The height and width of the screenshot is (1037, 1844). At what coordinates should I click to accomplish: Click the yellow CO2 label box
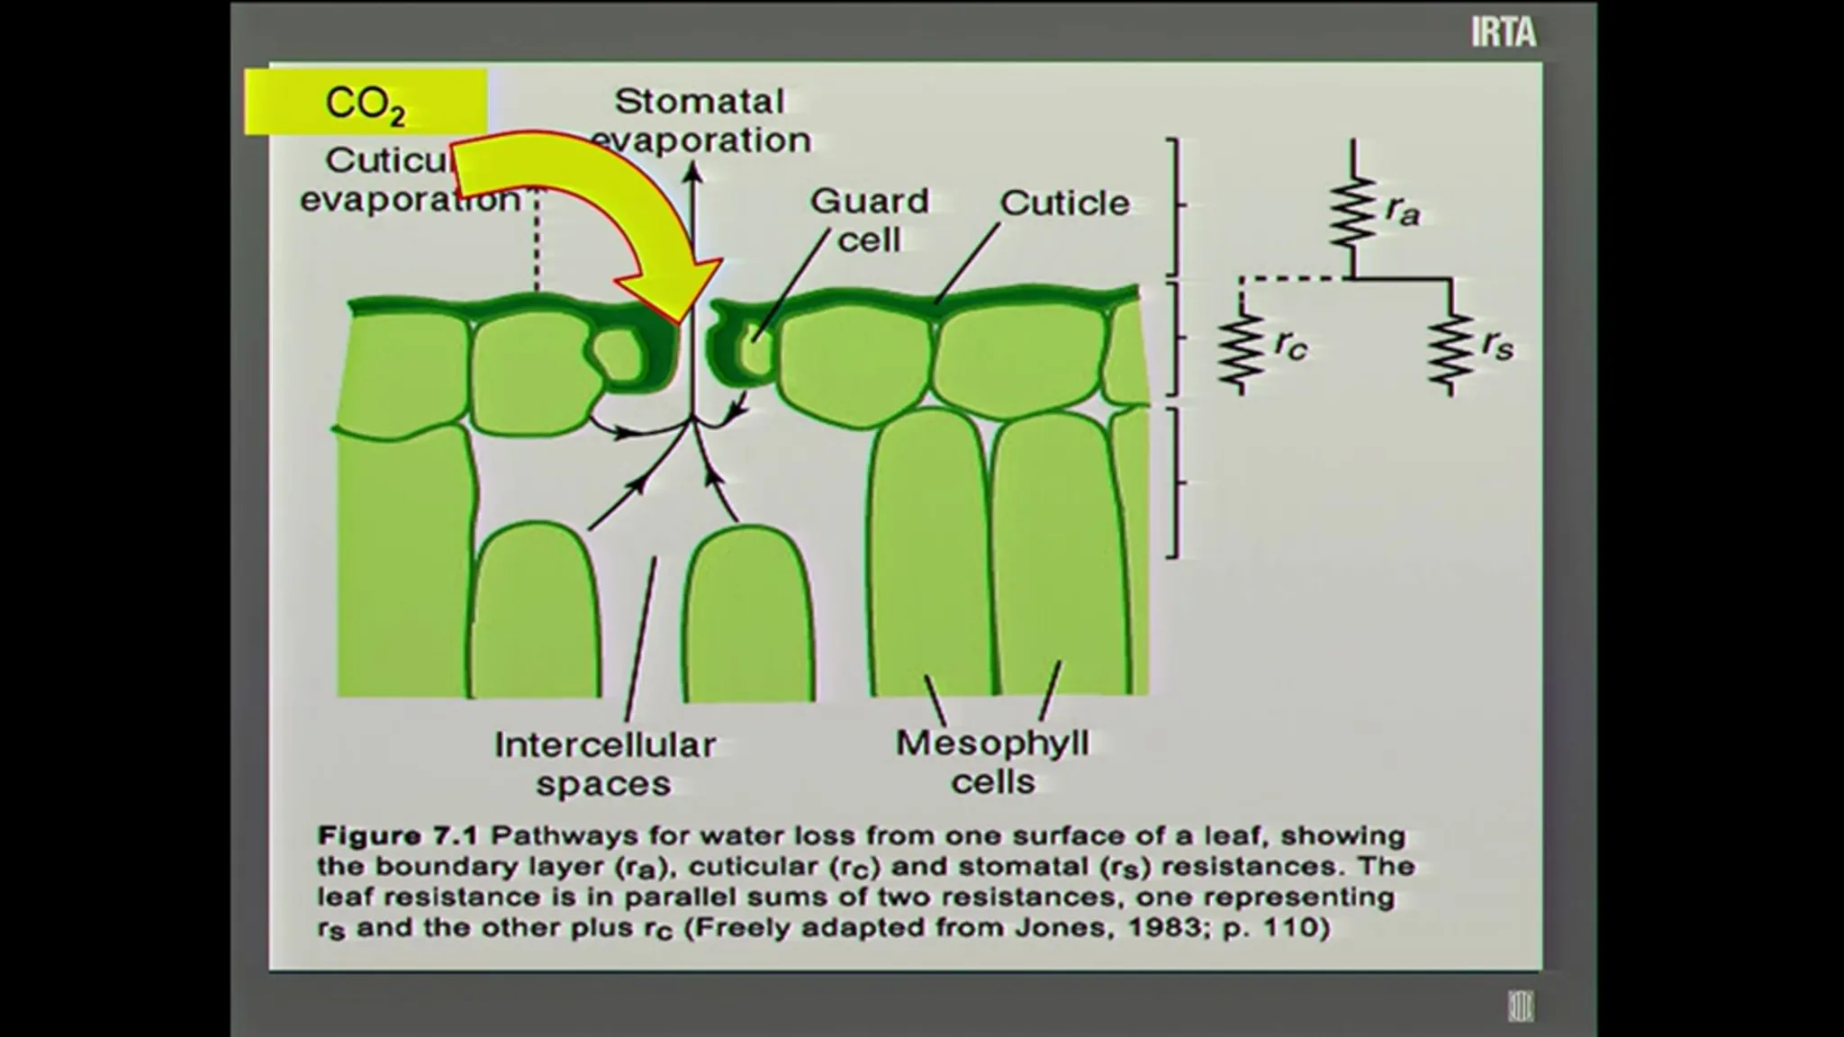click(x=366, y=103)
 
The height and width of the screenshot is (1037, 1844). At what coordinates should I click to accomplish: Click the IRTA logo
click(x=1503, y=32)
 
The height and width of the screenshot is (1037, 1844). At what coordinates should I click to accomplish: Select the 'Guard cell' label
click(x=869, y=220)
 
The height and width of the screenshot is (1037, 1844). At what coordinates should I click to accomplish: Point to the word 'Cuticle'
click(x=1064, y=203)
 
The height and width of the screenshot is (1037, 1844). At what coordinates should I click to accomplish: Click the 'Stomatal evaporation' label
click(x=701, y=120)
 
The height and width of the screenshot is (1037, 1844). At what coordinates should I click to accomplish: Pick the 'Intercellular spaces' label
click(x=604, y=763)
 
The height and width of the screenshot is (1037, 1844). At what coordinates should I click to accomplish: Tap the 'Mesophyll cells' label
click(x=992, y=762)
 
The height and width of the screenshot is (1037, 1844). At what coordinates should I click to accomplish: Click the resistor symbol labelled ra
click(x=1352, y=212)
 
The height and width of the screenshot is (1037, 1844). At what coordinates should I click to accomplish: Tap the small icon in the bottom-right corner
click(x=1521, y=1005)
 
